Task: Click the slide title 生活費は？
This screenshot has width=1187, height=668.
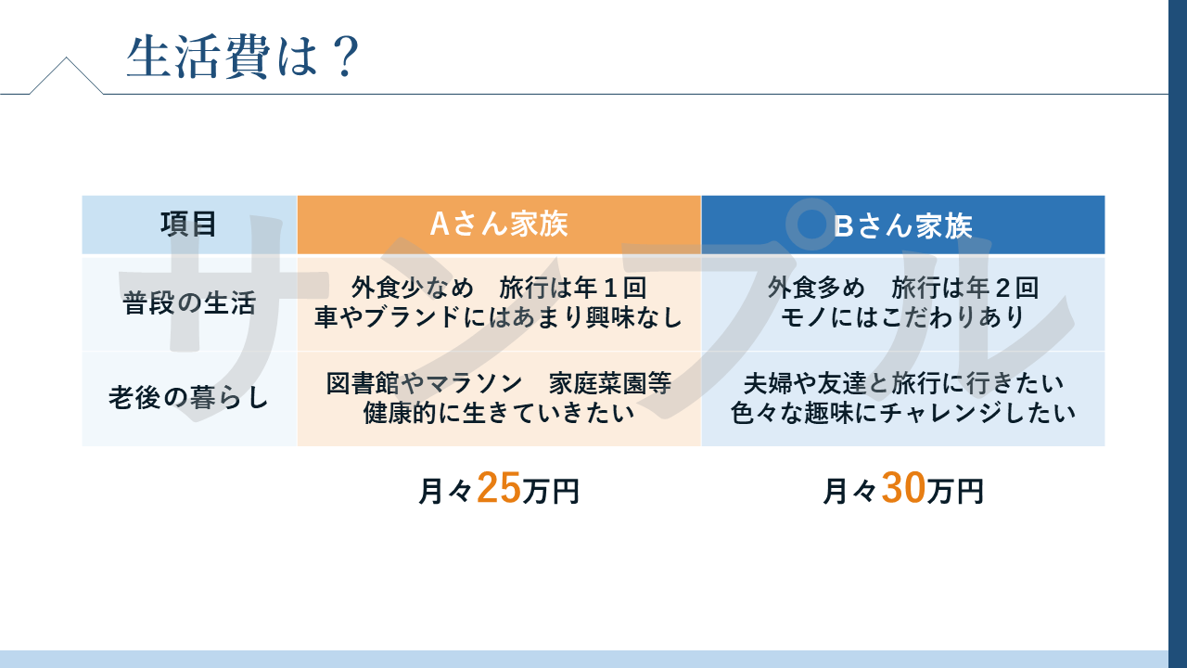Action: pyautogui.click(x=243, y=58)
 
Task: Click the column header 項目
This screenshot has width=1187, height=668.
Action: pyautogui.click(x=189, y=225)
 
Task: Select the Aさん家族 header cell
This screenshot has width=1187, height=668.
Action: pyautogui.click(x=499, y=225)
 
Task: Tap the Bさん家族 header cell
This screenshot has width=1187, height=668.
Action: pyautogui.click(x=903, y=225)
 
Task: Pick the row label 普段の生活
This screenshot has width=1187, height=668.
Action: pyautogui.click(x=189, y=303)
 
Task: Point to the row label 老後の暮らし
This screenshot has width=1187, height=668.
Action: pyautogui.click(x=189, y=398)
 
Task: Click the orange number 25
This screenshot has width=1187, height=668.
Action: pyautogui.click(x=499, y=488)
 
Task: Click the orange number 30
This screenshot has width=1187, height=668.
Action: pyautogui.click(x=903, y=488)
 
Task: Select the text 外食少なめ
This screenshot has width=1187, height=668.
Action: pyautogui.click(x=413, y=288)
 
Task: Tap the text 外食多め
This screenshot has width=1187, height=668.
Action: pyautogui.click(x=816, y=288)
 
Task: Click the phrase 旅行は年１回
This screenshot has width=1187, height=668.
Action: pyautogui.click(x=573, y=288)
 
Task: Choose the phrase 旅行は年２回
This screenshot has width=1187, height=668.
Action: pyautogui.click(x=965, y=288)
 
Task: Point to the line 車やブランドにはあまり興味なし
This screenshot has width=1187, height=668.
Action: pyautogui.click(x=499, y=317)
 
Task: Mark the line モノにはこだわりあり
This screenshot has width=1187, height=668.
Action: pyautogui.click(x=903, y=317)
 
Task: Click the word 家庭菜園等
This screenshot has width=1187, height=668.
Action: pyautogui.click(x=610, y=383)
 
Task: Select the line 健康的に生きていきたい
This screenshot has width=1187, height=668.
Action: pyautogui.click(x=499, y=413)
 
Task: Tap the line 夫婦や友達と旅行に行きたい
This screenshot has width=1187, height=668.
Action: pyautogui.click(x=903, y=383)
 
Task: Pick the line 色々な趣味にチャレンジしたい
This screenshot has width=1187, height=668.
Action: pyautogui.click(x=903, y=413)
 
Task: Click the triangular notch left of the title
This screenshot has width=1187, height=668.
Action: pyautogui.click(x=66, y=74)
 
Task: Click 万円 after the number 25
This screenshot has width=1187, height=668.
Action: pyautogui.click(x=551, y=492)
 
